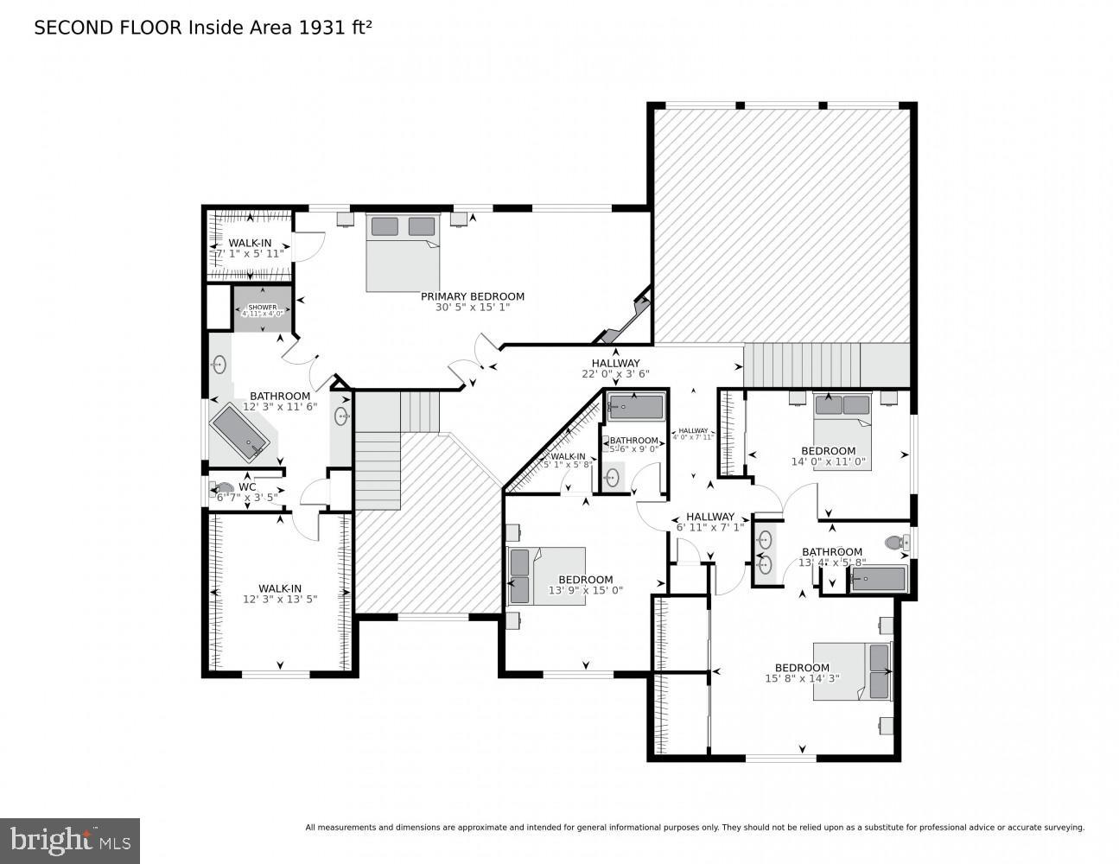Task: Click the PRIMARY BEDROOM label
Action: point(472,296)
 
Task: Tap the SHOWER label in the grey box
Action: point(262,308)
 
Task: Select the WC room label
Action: point(247,486)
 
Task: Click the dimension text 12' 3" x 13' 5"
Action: point(279,599)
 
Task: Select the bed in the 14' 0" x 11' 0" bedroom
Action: point(842,430)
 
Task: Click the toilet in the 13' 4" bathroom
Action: point(895,543)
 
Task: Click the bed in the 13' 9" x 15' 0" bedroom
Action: point(546,575)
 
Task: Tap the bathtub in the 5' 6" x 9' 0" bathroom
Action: point(635,406)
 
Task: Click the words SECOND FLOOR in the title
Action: point(107,28)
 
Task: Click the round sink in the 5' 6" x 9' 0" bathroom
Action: point(613,477)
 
